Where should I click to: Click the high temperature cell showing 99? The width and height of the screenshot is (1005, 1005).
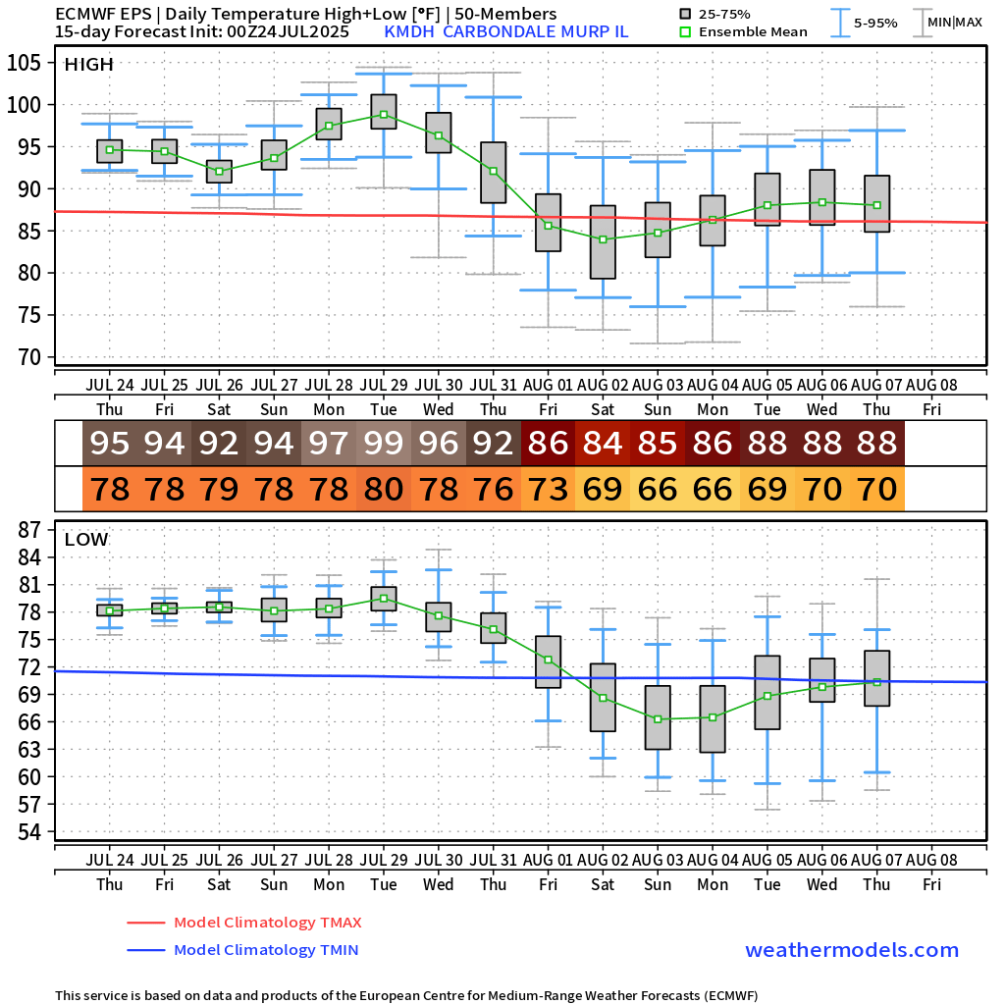tap(384, 444)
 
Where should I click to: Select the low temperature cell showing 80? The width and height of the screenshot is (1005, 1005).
tap(384, 488)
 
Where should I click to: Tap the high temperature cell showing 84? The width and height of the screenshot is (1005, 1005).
tap(603, 444)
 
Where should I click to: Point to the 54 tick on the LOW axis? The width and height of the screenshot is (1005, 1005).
tap(31, 831)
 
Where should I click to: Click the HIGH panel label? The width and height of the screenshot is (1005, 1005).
tap(88, 65)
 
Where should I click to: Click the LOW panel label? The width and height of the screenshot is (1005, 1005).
tap(86, 539)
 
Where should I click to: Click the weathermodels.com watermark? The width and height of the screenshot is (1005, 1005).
tap(852, 950)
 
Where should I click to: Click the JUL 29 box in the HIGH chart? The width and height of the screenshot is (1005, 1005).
tap(384, 111)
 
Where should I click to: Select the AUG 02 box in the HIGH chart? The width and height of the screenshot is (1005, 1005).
tap(603, 242)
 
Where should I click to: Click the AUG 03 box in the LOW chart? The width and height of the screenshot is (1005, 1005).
tap(658, 717)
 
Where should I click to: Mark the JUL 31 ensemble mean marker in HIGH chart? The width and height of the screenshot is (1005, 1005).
tap(493, 171)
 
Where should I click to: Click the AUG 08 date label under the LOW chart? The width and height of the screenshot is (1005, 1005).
tap(931, 861)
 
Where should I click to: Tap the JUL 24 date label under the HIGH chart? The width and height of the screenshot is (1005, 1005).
tap(110, 386)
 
